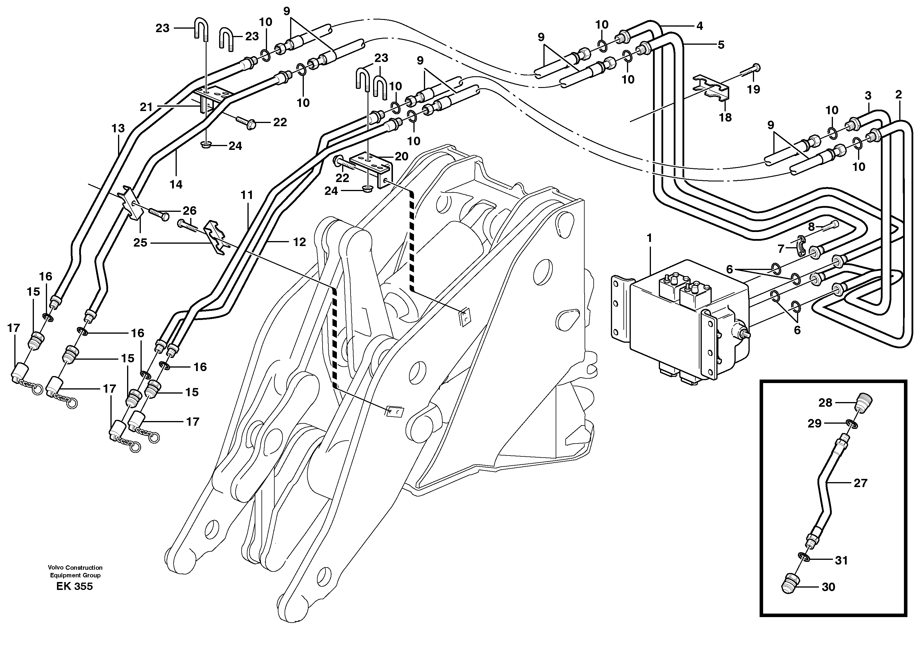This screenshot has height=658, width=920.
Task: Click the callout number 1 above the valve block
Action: pyautogui.click(x=649, y=239)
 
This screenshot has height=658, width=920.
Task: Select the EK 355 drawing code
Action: pyautogui.click(x=74, y=586)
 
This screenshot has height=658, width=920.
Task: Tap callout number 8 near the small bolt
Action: pyautogui.click(x=811, y=227)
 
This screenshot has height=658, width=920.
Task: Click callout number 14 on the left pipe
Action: pyautogui.click(x=176, y=184)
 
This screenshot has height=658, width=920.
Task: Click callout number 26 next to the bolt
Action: pyautogui.click(x=189, y=211)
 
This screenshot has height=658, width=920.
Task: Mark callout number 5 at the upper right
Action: pyautogui.click(x=721, y=45)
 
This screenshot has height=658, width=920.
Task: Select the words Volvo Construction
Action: pyautogui.click(x=75, y=568)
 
